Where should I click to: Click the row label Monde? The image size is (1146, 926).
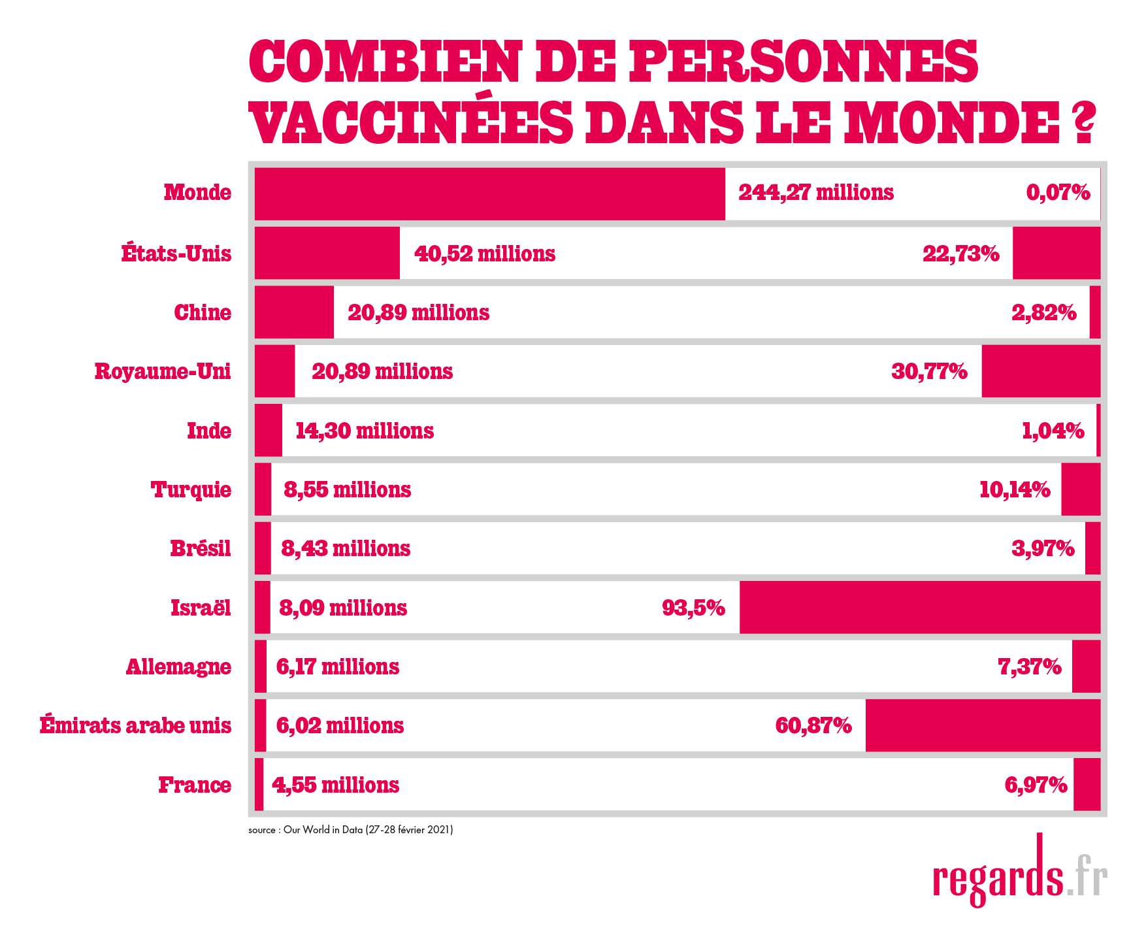tap(197, 193)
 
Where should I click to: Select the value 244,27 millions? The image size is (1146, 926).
tap(816, 193)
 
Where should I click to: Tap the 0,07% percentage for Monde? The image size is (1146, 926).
tap(1058, 193)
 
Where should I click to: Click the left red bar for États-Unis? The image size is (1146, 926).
tap(327, 253)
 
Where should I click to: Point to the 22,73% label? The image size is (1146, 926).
tap(960, 254)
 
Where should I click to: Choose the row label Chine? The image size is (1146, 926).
tap(203, 312)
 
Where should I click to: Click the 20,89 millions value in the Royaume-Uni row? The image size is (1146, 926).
tap(382, 372)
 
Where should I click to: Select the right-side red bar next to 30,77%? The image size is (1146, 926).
tap(1041, 371)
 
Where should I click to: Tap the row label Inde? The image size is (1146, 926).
tap(209, 431)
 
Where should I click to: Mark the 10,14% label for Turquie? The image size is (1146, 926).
tap(1015, 489)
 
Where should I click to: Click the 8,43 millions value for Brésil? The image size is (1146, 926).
tap(346, 548)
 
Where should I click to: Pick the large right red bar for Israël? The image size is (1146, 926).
tap(920, 607)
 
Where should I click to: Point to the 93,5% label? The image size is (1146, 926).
tap(693, 608)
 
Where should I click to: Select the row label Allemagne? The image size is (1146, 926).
tap(178, 667)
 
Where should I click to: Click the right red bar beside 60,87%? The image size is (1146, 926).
tap(983, 725)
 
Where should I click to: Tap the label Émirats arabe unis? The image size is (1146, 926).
tap(135, 725)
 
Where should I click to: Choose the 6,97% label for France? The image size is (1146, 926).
tap(1036, 785)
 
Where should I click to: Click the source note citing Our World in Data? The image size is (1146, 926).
tap(350, 830)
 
